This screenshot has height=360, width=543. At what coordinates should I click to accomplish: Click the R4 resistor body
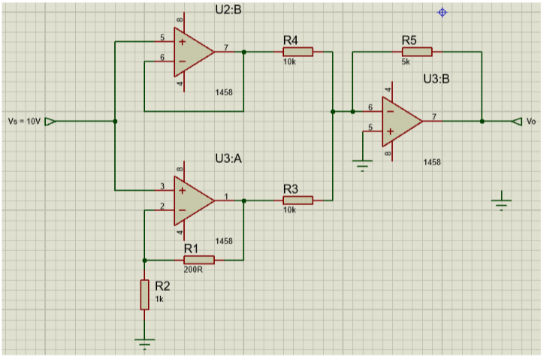click(298, 52)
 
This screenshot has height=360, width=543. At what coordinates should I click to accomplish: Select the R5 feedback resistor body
click(417, 52)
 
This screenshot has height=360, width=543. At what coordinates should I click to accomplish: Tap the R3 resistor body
click(298, 200)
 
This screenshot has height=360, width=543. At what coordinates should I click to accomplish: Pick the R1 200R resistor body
click(199, 260)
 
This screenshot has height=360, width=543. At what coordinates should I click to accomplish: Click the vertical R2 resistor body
click(145, 295)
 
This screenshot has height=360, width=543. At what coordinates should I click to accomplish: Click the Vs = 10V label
click(24, 122)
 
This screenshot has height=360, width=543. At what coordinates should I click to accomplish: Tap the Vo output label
click(531, 121)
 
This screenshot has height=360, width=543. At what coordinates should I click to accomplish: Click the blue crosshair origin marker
click(442, 13)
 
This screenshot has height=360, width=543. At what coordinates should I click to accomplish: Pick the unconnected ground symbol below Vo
click(502, 203)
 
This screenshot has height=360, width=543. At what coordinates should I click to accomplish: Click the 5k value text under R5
click(406, 62)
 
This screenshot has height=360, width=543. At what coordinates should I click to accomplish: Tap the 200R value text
click(193, 270)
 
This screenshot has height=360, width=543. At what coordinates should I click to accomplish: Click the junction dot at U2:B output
click(244, 52)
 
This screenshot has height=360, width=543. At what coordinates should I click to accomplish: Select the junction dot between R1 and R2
click(145, 260)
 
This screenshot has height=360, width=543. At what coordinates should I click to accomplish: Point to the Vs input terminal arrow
click(50, 122)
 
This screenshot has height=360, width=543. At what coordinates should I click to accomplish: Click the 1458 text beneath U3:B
click(432, 162)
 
